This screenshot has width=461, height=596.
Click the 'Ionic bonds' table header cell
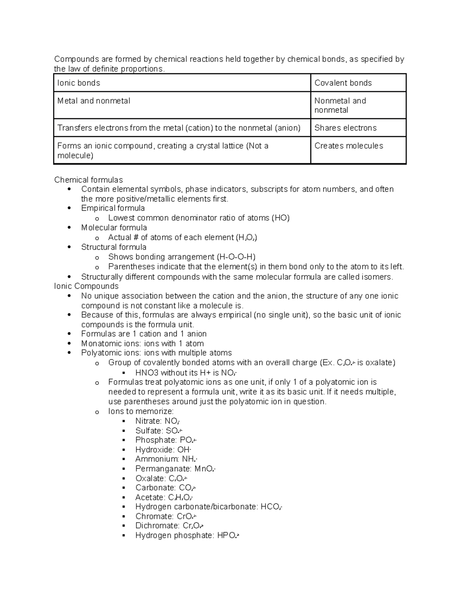point(79,83)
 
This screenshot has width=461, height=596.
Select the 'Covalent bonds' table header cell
point(343,83)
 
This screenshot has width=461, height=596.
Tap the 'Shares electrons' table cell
point(345,128)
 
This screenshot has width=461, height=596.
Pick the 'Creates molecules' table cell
point(349,146)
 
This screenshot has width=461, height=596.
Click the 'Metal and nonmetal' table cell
point(94,101)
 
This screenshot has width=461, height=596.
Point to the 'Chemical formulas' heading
point(88,180)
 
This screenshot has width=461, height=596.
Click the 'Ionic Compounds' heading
point(86,286)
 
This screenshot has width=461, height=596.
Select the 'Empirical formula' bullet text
point(113,208)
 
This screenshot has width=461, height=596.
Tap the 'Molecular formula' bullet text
point(114,228)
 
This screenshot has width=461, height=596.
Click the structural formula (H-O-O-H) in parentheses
point(236,257)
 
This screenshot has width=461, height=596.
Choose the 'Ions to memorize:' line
point(141,411)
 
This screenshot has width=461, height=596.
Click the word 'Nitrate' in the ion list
point(148,421)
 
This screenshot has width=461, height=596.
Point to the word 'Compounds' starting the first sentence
point(76,59)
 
